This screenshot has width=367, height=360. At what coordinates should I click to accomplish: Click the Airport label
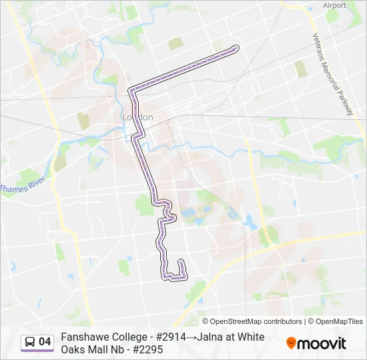[x=335, y=5]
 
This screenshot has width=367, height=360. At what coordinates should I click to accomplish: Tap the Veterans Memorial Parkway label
[x=332, y=74]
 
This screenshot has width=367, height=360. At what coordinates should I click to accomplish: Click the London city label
[x=137, y=117]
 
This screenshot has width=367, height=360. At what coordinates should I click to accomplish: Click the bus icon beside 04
[x=30, y=342]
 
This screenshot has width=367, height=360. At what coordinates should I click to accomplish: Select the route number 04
[x=45, y=342]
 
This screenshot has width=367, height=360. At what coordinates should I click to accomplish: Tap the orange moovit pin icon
[x=291, y=343]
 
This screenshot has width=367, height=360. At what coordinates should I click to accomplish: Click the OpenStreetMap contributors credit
[x=252, y=321]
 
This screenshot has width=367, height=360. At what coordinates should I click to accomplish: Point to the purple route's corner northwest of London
[x=131, y=89]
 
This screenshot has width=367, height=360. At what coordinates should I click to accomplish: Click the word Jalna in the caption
[x=213, y=337]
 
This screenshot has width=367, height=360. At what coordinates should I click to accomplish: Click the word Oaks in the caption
[x=73, y=349]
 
